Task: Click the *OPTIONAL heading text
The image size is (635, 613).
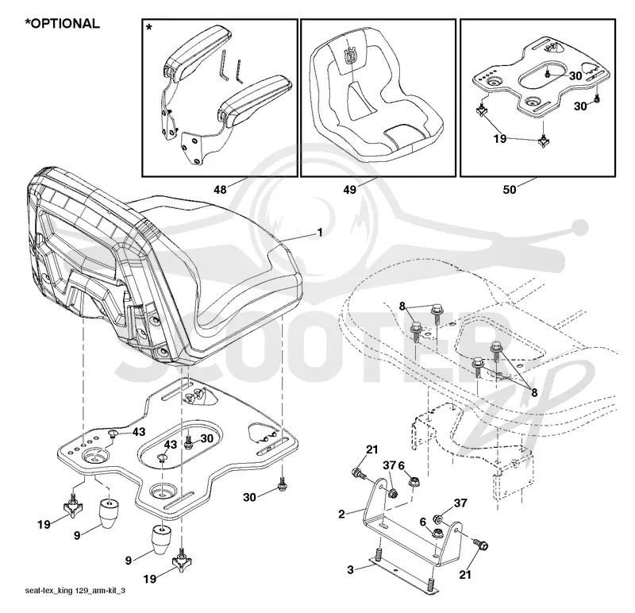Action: tap(63, 24)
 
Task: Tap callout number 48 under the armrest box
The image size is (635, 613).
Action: tap(220, 189)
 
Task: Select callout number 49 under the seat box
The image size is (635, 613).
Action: tap(350, 189)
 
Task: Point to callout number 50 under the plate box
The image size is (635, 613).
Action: tap(510, 189)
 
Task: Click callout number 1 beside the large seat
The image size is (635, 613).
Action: tap(320, 233)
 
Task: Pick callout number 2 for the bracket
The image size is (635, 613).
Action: tap(342, 515)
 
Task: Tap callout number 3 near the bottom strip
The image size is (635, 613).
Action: tap(350, 569)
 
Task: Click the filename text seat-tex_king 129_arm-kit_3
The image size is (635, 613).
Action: tap(75, 590)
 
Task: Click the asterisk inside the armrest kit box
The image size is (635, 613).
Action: tap(149, 28)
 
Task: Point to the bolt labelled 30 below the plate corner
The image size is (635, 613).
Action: tap(283, 485)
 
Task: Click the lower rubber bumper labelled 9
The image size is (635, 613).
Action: tap(162, 539)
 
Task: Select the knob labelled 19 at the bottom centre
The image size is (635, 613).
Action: tap(182, 560)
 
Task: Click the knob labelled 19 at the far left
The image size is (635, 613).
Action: tap(73, 506)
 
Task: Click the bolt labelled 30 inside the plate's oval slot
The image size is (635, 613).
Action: tap(188, 442)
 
